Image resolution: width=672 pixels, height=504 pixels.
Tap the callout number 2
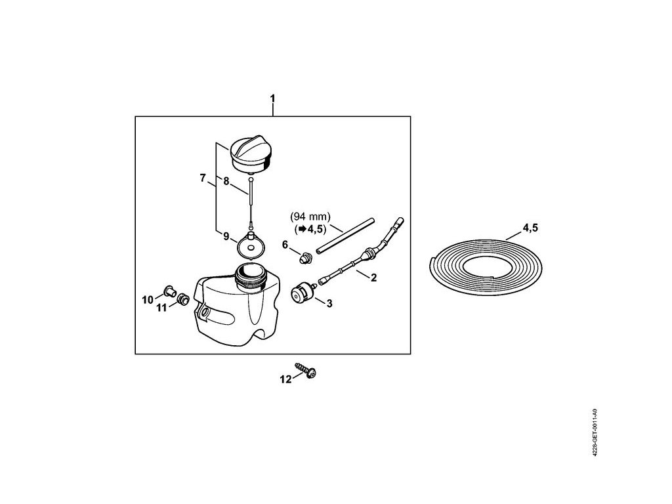pos(373,278)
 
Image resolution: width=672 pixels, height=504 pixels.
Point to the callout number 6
pos(285,245)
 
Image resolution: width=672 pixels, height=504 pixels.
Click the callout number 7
pos(203,178)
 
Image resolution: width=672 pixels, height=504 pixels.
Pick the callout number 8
pos(226,182)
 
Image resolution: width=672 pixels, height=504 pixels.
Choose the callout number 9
pos(226,236)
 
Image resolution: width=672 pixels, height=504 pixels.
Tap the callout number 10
pos(148,300)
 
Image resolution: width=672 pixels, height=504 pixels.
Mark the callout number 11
pos(161,308)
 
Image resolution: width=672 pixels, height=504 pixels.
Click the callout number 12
pos(284,379)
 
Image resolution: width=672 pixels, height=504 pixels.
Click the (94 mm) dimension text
pos(311,217)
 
